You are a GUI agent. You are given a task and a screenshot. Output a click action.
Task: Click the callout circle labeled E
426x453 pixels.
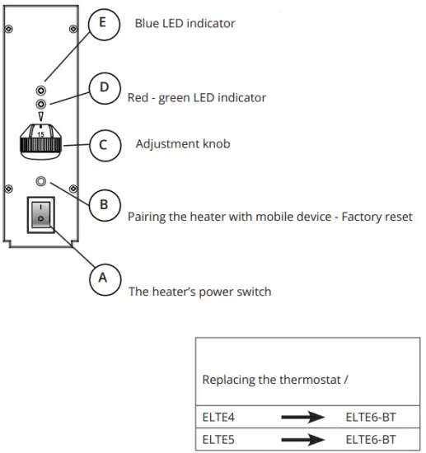pyautogui.click(x=102, y=24)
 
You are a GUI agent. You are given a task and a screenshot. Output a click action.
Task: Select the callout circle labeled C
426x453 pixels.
pyautogui.click(x=103, y=145)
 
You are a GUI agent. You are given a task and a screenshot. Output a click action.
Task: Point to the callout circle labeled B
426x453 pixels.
pyautogui.click(x=104, y=203)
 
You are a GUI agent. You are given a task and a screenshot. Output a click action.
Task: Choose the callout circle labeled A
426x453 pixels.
pyautogui.click(x=103, y=278)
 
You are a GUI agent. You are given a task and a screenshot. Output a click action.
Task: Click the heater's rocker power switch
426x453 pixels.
pyautogui.click(x=40, y=215)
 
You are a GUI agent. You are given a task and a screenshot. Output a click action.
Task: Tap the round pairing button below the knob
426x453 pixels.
pyautogui.click(x=40, y=181)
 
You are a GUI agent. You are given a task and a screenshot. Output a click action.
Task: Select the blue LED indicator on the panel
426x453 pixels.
pyautogui.click(x=40, y=89)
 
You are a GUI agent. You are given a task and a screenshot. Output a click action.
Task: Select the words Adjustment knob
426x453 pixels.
pyautogui.click(x=182, y=144)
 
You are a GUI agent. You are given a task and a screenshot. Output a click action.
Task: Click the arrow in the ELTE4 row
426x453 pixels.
pyautogui.click(x=302, y=418)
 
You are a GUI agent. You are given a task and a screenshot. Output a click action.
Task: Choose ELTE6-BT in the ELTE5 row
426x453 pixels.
pyautogui.click(x=371, y=439)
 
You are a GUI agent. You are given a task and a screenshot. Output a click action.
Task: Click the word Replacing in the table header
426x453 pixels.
pyautogui.click(x=229, y=381)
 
